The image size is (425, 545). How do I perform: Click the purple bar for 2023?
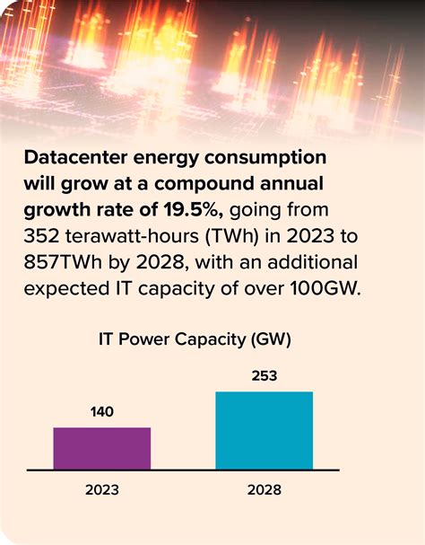101,448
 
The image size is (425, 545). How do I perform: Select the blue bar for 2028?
264,430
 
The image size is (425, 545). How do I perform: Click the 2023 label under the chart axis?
101,490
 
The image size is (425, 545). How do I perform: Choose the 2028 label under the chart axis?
264,490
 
